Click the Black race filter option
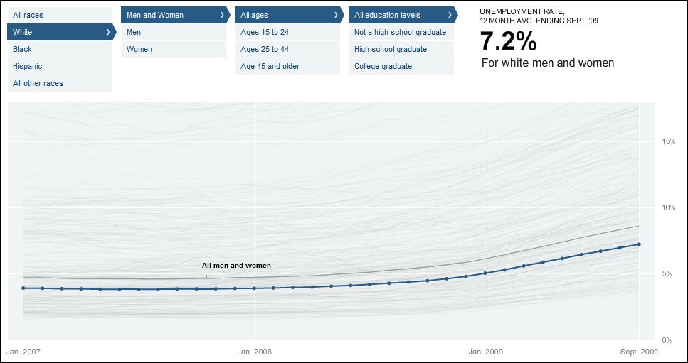23,49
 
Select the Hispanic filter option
28,66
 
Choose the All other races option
38,83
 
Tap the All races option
28,15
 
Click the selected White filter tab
60,32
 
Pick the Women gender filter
139,49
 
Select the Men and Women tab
174,15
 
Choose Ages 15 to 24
265,32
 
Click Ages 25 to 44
265,49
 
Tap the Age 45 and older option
270,66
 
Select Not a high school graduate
400,32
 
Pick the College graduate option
383,66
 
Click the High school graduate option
391,49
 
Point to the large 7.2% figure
508,42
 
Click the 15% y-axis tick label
667,141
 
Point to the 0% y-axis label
666,340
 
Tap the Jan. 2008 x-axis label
254,351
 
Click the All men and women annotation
236,266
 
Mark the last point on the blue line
639,244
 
